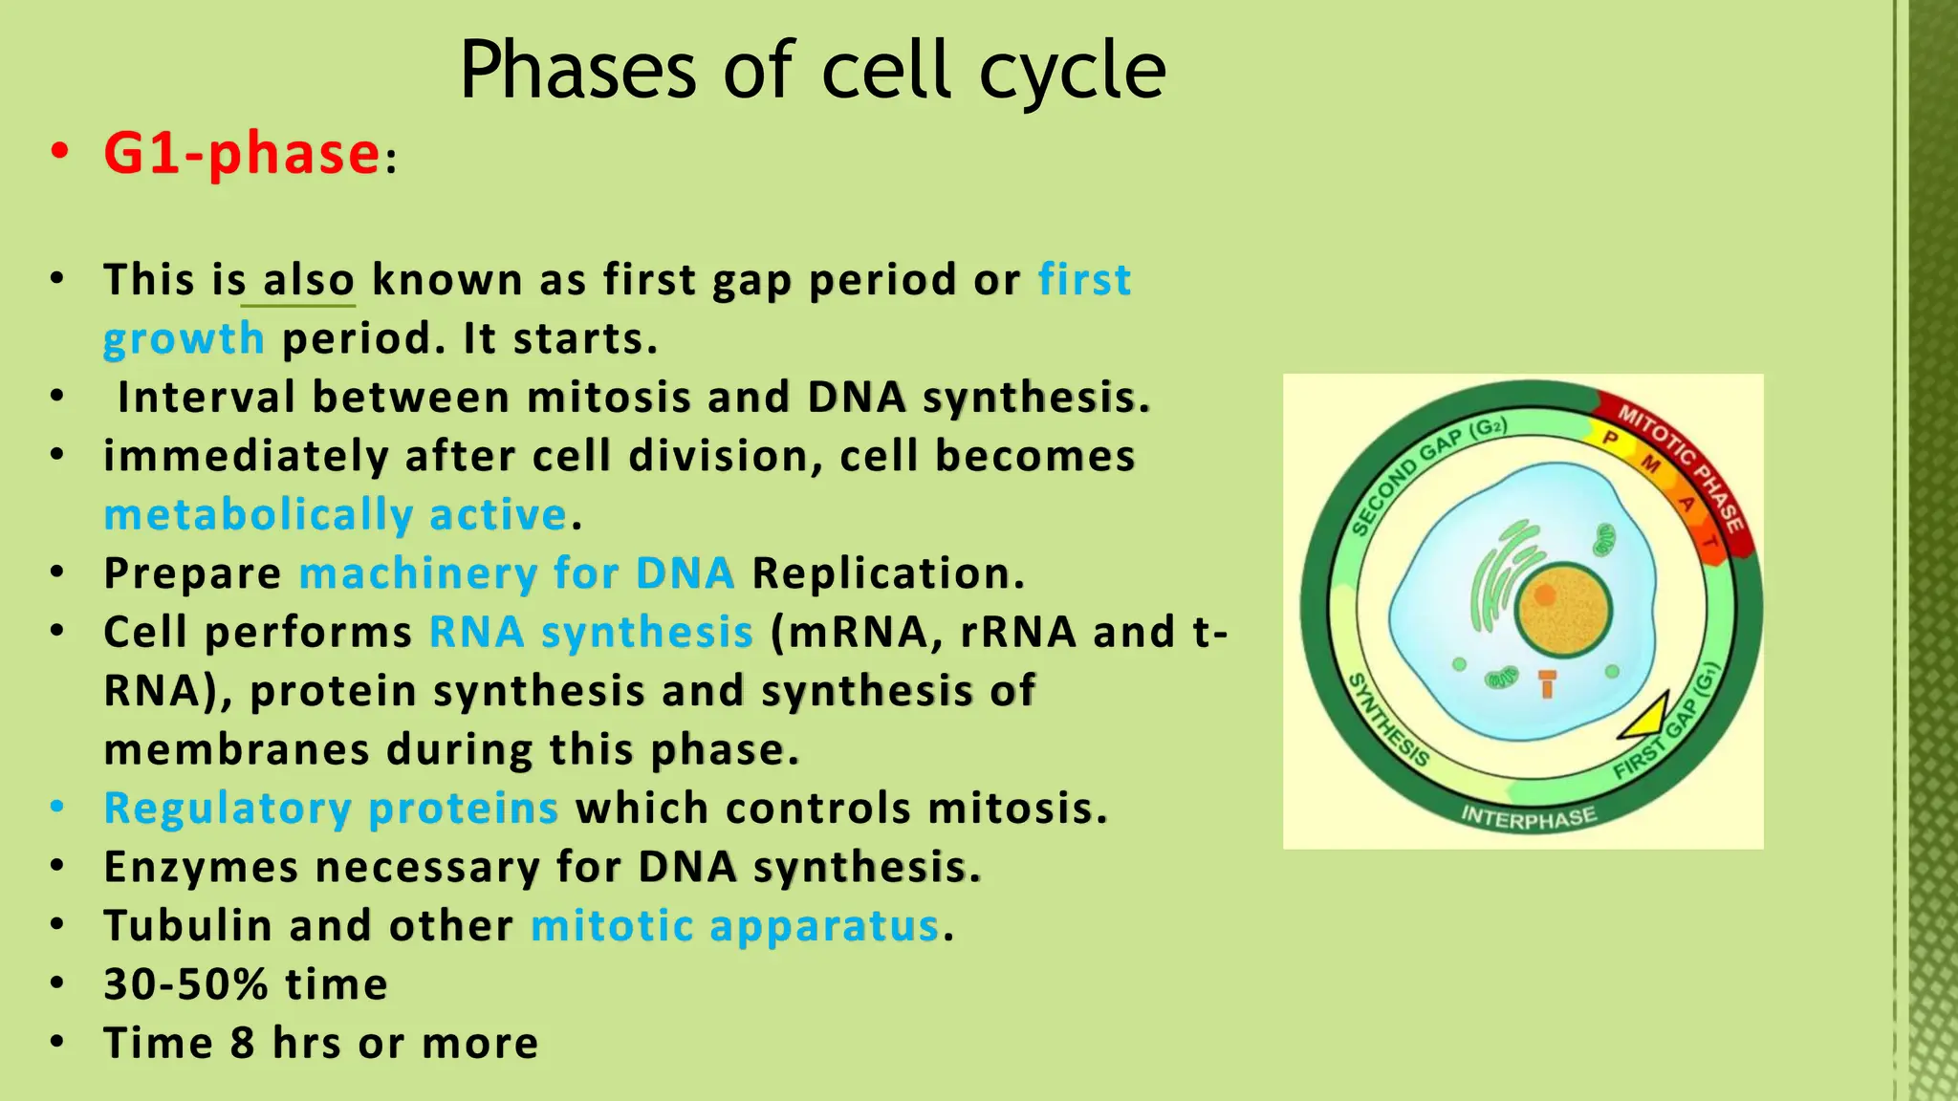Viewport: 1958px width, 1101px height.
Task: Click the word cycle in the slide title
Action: [1072, 71]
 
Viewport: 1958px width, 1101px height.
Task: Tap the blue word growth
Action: [183, 339]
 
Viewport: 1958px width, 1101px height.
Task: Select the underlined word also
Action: [308, 281]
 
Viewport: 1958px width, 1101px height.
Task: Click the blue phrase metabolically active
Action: [336, 515]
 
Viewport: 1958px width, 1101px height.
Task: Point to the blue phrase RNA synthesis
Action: [591, 633]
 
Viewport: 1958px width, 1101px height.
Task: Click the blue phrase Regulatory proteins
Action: [330, 809]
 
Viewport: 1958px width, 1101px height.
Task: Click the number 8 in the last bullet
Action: [243, 1043]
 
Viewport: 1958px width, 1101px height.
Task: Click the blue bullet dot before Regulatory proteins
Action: [57, 808]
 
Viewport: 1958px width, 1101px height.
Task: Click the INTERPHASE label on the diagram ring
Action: [1529, 817]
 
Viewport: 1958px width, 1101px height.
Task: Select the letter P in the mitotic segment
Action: [1610, 439]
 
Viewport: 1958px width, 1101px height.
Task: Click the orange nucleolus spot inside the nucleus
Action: [1545, 594]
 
